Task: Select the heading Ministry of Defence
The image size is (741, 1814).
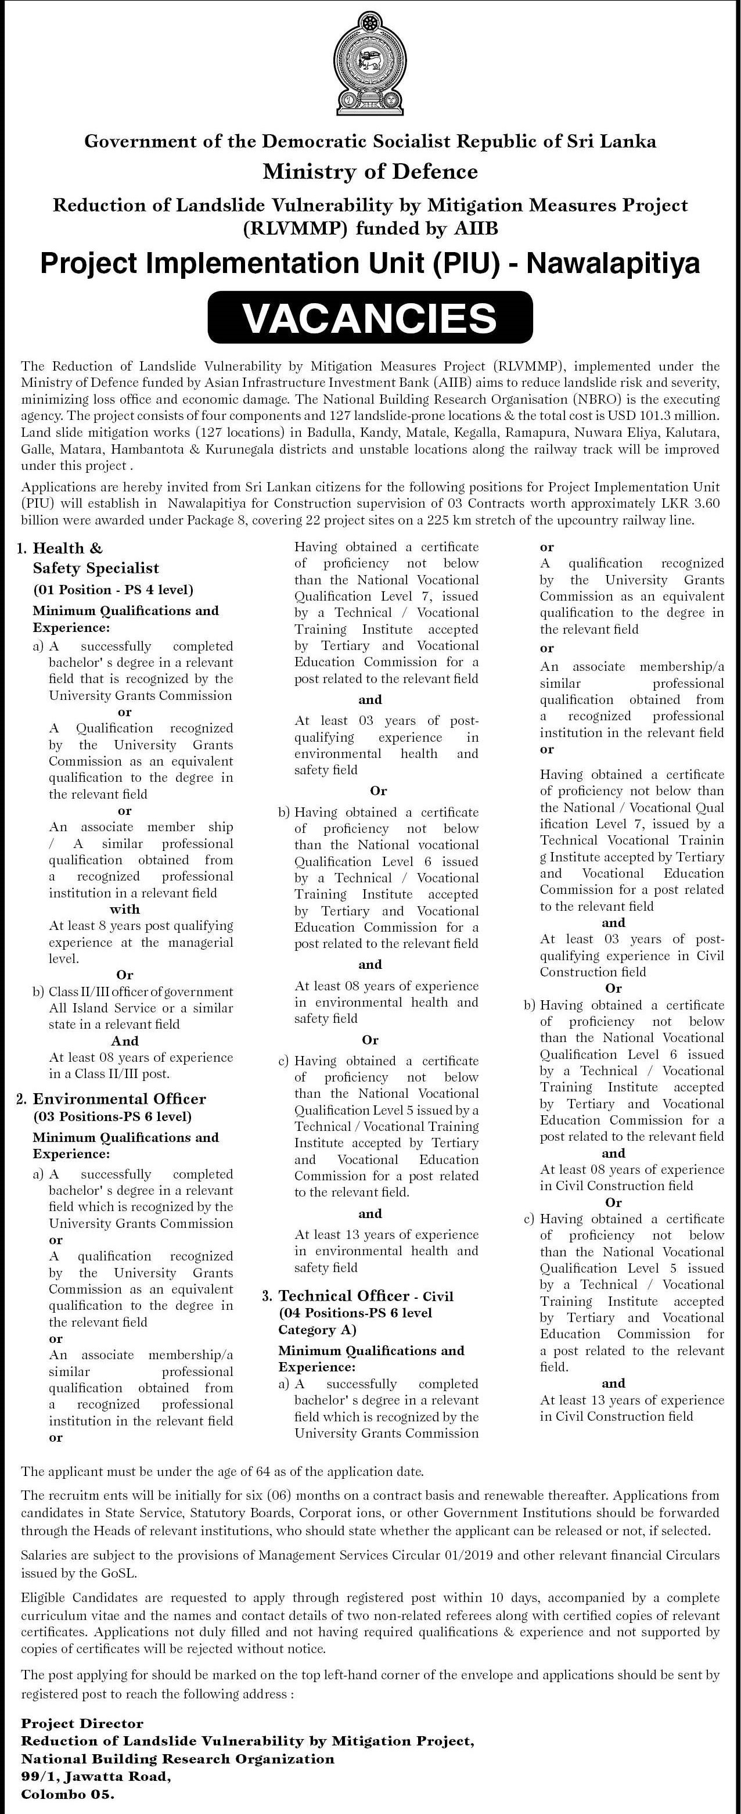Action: coord(370,171)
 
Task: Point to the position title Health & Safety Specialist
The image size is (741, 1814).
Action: coord(96,558)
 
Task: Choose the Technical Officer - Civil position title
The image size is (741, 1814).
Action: coord(366,1296)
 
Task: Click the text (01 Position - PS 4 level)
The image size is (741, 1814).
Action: coord(113,590)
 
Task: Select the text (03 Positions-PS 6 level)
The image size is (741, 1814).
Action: coord(112,1116)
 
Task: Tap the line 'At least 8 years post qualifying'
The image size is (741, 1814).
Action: coord(141,926)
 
